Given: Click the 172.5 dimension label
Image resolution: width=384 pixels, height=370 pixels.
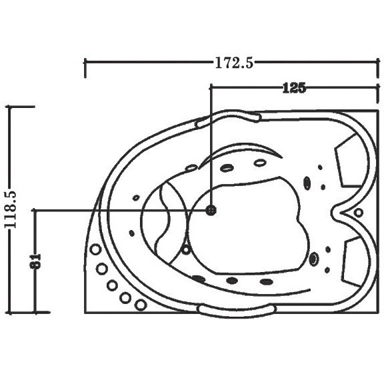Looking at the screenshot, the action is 234,63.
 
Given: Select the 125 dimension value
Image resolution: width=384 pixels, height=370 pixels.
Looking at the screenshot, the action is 294,88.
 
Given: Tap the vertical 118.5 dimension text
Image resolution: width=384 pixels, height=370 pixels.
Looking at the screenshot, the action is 11,209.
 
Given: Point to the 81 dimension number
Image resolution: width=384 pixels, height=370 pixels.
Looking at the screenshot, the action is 36,261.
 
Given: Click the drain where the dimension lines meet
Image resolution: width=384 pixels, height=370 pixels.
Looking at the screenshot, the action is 211,210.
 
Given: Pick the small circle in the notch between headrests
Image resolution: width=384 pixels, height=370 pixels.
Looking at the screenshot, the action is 358,213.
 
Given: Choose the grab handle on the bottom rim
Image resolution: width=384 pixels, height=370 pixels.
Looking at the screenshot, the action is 237,311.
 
